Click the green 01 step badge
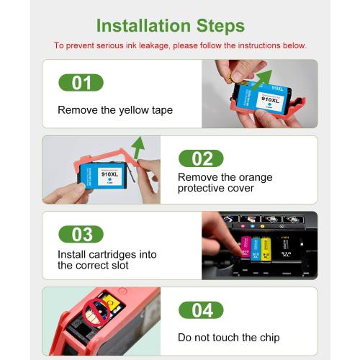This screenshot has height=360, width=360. click(81, 83)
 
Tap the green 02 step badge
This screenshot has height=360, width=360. click(201, 158)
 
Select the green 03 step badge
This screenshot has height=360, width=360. click(81, 234)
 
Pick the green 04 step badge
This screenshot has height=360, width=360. click(201, 310)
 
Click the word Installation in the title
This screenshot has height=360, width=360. click(143, 25)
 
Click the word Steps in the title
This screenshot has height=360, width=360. click(220, 27)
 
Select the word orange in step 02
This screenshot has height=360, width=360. click(256, 178)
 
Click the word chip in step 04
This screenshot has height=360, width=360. click(270, 338)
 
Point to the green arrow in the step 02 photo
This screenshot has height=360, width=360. click(138, 148)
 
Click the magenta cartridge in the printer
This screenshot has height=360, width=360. click(246, 247)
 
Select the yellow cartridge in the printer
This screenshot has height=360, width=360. click(266, 249)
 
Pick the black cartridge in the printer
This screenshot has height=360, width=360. click(286, 248)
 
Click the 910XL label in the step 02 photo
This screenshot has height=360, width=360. click(109, 176)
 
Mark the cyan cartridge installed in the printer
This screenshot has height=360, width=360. click(256, 249)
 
